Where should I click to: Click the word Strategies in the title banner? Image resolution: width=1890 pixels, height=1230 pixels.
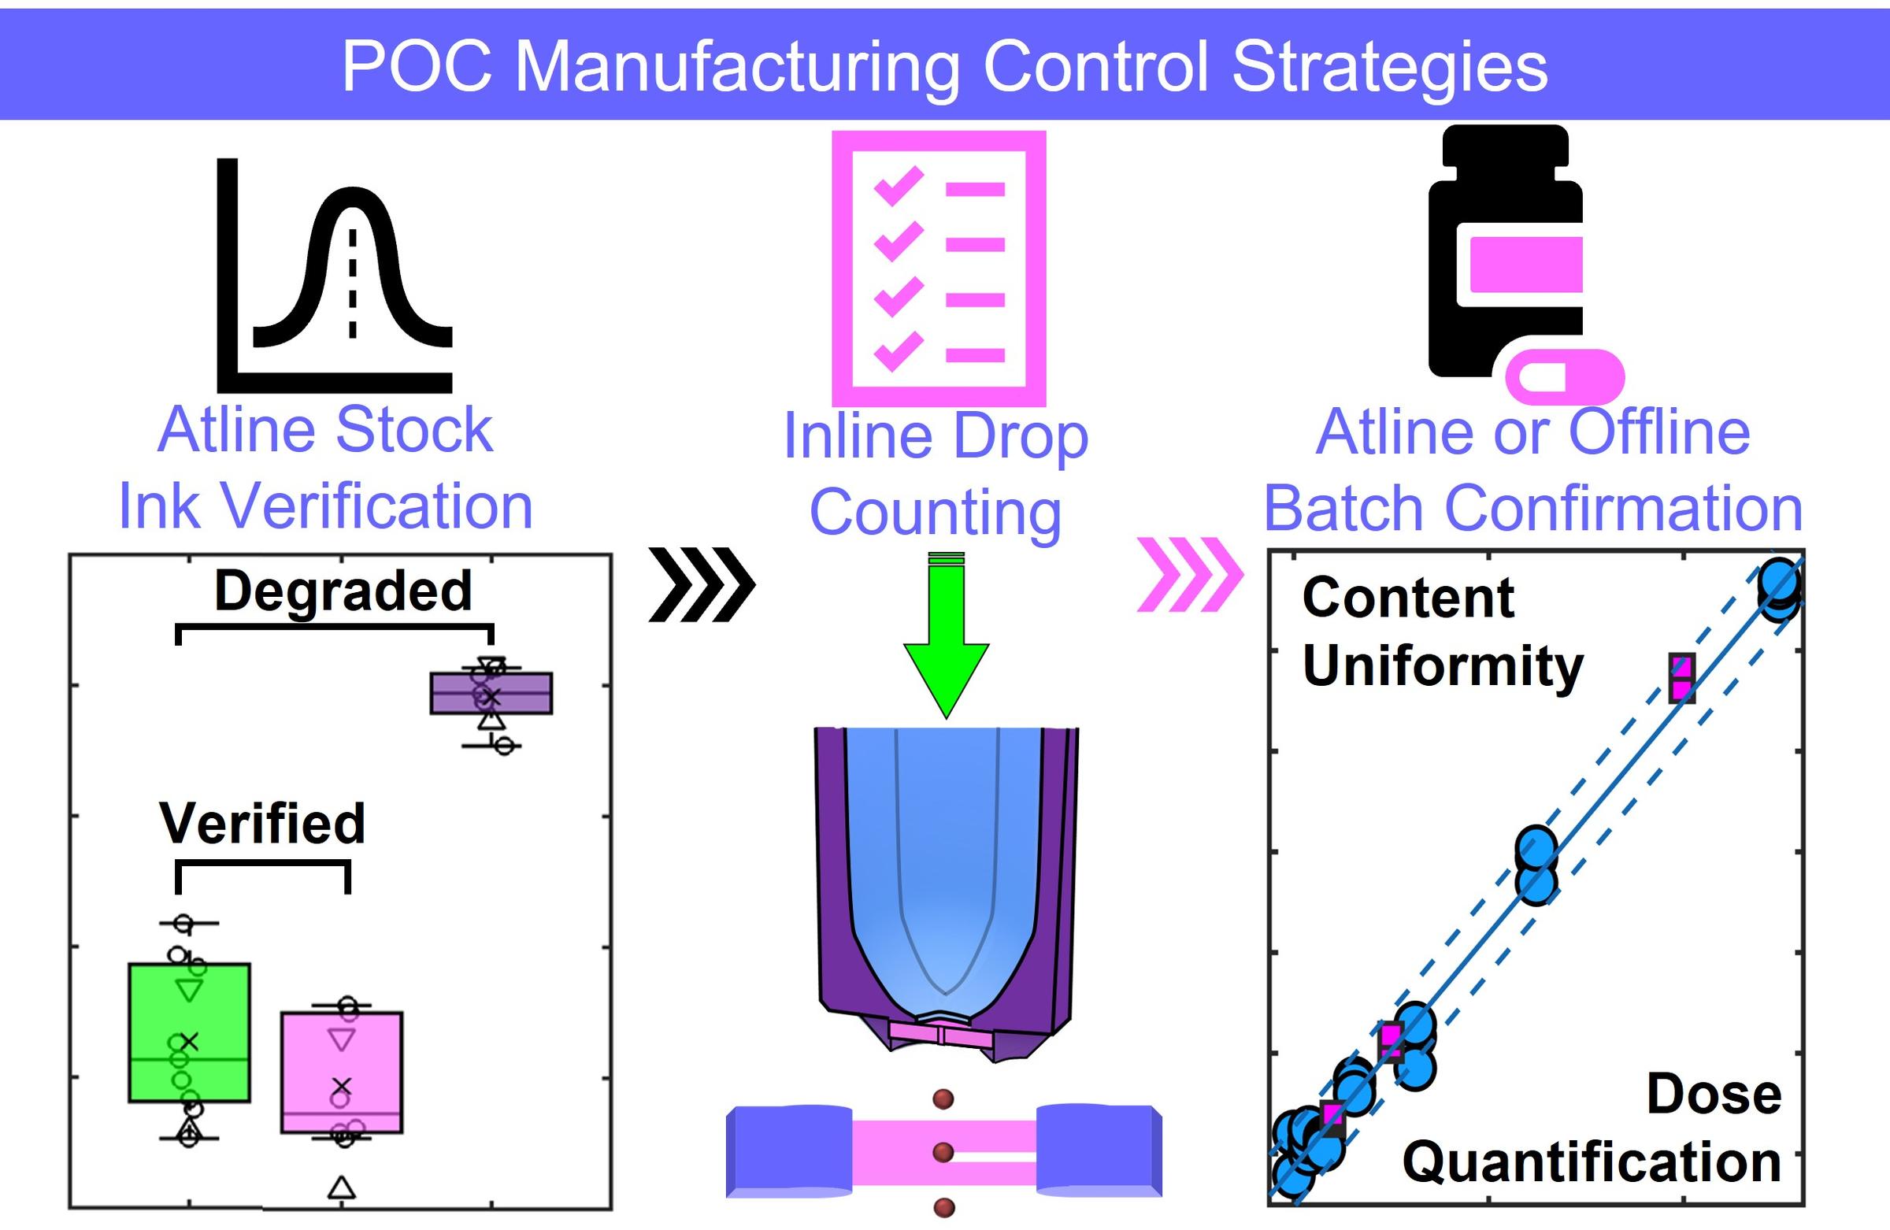[x=1390, y=68]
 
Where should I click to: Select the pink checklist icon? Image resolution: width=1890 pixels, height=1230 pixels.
[x=939, y=269]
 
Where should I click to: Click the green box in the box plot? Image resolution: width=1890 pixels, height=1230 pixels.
[x=189, y=1032]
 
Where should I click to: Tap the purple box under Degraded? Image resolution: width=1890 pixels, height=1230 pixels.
[x=491, y=692]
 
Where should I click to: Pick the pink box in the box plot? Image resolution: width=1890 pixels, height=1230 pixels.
[x=342, y=1072]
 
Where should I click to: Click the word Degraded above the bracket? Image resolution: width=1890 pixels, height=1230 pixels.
[x=343, y=591]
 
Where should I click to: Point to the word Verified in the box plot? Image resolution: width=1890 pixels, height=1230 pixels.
[x=262, y=823]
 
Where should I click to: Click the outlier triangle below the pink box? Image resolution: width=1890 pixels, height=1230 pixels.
[x=342, y=1187]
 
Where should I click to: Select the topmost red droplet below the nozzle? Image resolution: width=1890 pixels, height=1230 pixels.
[x=943, y=1099]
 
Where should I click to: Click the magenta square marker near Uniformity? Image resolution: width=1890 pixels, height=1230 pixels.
[x=1681, y=677]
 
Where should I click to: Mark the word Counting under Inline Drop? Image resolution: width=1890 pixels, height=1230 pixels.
[x=935, y=512]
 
